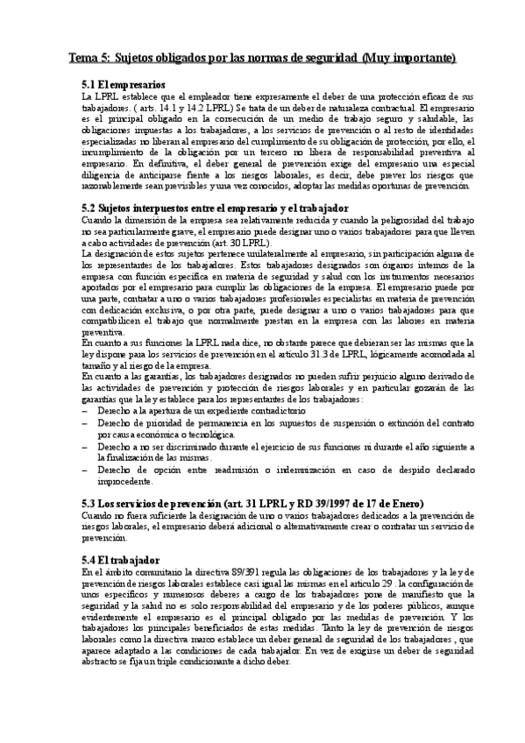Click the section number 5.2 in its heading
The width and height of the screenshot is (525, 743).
tap(89, 207)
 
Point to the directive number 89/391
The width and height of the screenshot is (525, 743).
tap(250, 571)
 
